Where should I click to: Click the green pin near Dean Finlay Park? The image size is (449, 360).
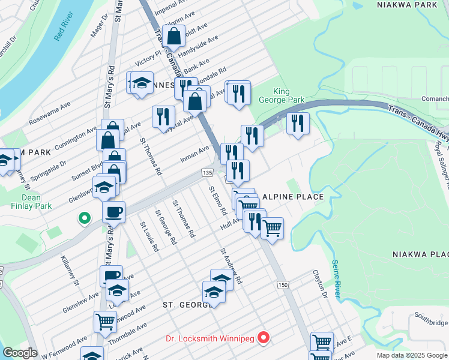coord(85,218)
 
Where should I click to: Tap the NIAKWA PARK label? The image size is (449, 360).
coord(406,4)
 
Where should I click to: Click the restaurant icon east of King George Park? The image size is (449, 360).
coord(298,123)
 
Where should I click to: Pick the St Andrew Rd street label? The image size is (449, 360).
coord(231,266)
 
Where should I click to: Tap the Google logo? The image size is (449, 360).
coord(20,353)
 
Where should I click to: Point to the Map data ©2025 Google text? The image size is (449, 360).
coord(412,355)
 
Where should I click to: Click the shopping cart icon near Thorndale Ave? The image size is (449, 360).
coord(106,322)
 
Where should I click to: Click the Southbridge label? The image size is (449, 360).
coord(431,323)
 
